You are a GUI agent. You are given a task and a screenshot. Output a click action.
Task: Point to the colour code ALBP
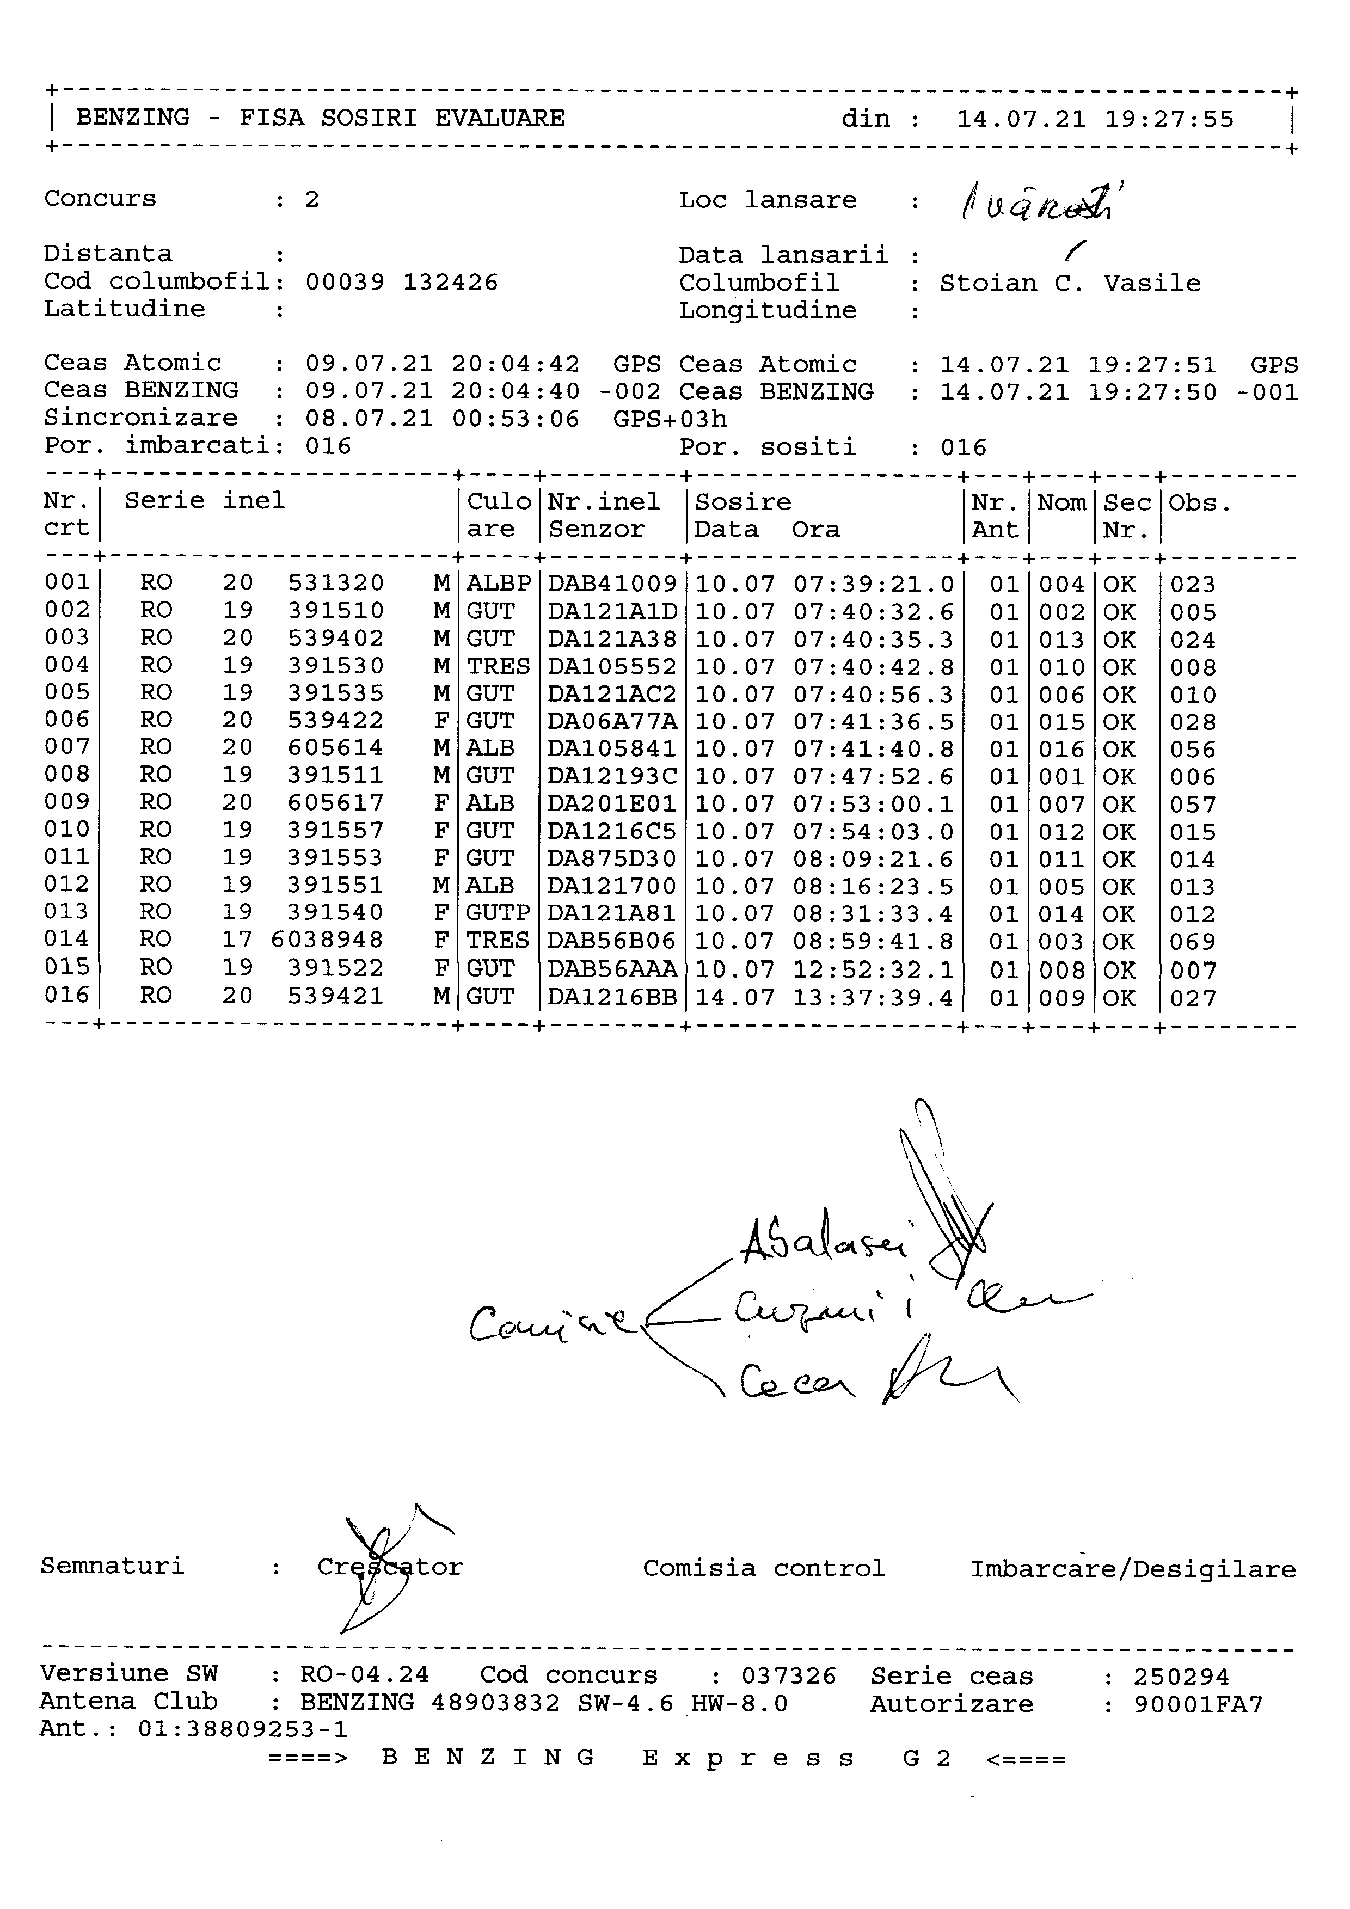click(498, 584)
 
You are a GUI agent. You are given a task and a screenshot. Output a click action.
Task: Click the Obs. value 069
click(1193, 942)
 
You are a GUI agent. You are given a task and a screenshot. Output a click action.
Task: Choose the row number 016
click(66, 995)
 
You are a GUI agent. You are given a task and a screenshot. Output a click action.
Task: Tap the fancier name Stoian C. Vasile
click(1070, 284)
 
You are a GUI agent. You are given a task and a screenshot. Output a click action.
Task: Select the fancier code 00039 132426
click(402, 283)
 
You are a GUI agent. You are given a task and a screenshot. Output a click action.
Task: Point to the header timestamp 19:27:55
click(1169, 119)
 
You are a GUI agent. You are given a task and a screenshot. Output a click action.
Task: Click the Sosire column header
click(742, 502)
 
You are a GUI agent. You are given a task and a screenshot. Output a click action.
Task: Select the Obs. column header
click(1200, 503)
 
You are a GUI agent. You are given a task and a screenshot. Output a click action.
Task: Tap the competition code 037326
click(789, 1675)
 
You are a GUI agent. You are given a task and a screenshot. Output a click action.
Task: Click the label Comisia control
click(763, 1569)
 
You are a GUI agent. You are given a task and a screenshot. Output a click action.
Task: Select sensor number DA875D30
click(612, 859)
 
